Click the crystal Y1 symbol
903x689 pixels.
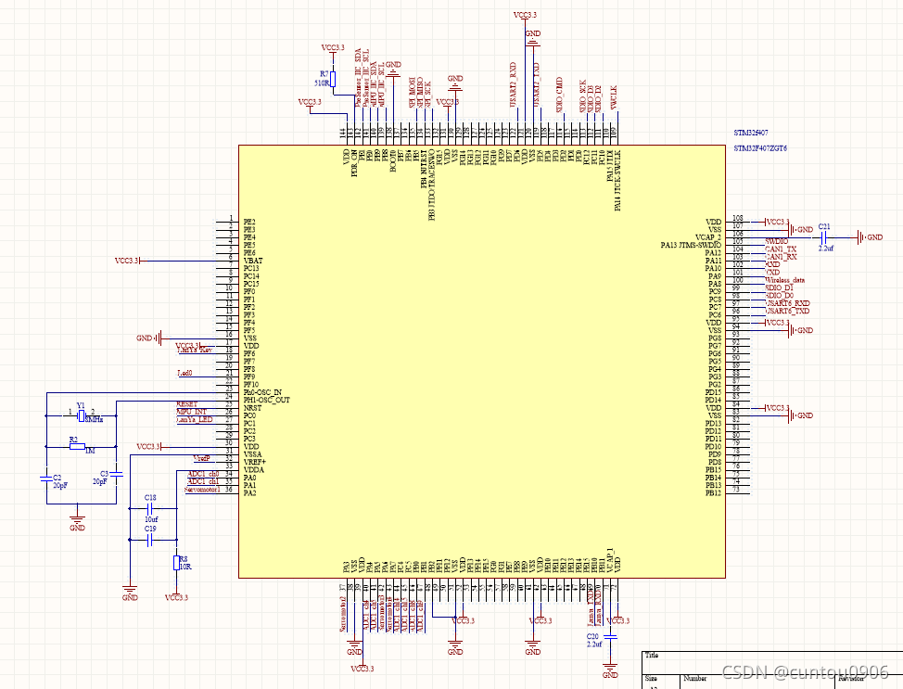82,415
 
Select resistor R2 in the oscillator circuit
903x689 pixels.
78,446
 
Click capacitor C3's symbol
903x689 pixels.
116,475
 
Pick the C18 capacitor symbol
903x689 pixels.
150,509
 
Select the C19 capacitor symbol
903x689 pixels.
150,539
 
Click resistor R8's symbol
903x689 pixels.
175,563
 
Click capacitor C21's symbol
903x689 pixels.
824,237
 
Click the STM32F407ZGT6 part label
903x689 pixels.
760,148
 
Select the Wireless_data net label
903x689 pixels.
784,279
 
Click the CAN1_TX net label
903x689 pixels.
781,249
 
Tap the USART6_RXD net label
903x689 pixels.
787,302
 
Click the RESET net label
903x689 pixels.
186,404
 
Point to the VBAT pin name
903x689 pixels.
253,261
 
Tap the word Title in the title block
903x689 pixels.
655,655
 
